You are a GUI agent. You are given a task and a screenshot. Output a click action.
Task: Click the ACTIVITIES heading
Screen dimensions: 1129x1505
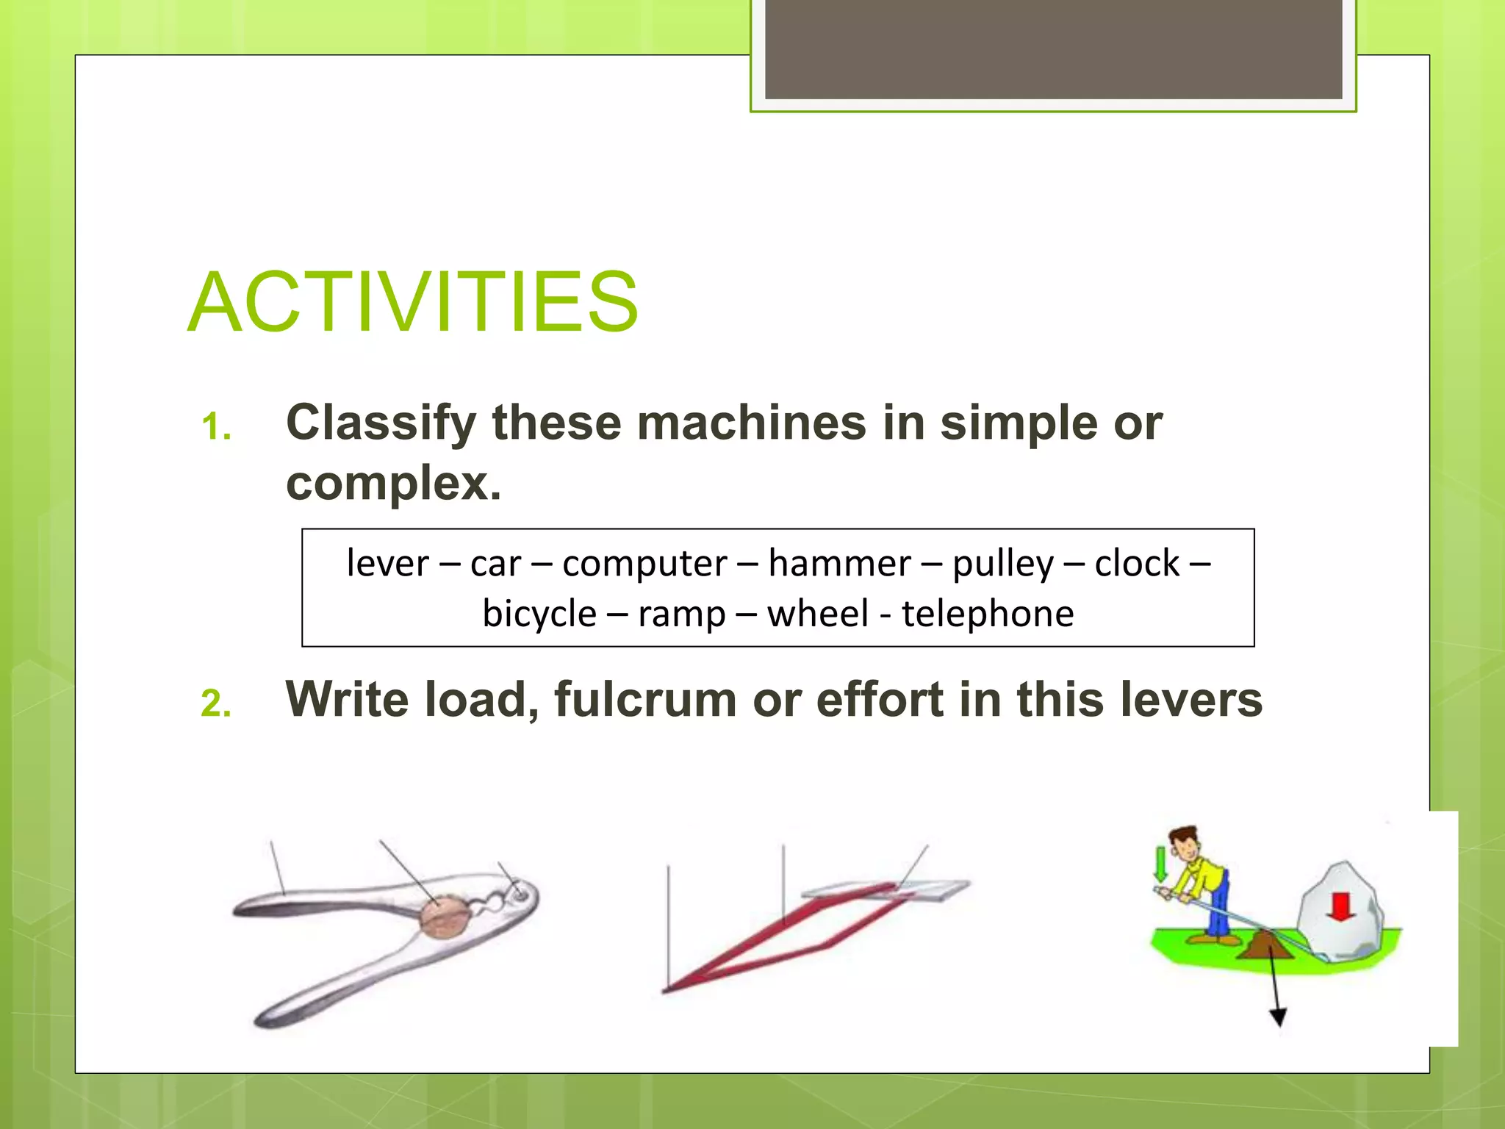point(413,302)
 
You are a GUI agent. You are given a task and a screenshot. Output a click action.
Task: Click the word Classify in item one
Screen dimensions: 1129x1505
point(381,423)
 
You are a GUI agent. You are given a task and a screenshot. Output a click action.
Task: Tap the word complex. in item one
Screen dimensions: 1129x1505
point(393,484)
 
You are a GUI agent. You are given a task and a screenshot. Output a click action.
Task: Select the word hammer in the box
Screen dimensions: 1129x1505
point(839,564)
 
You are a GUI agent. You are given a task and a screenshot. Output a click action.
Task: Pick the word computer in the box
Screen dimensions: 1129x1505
point(644,564)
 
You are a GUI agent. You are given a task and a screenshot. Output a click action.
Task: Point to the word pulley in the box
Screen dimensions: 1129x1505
point(1002,564)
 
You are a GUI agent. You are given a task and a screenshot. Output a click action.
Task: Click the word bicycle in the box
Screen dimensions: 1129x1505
point(539,614)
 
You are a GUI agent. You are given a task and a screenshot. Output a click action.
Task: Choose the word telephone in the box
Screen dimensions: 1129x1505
point(988,614)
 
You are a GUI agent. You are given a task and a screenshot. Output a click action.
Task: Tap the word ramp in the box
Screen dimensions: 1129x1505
point(681,614)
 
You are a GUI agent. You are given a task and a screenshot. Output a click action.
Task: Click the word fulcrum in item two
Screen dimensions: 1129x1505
point(645,699)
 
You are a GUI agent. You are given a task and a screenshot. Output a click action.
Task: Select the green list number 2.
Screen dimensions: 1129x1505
point(216,704)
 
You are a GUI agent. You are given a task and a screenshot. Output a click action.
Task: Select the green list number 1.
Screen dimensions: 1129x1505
point(216,427)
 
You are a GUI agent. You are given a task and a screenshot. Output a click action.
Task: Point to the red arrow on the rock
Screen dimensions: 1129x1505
point(1341,907)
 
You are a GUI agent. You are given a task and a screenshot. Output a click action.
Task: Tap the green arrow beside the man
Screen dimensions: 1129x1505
point(1160,864)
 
